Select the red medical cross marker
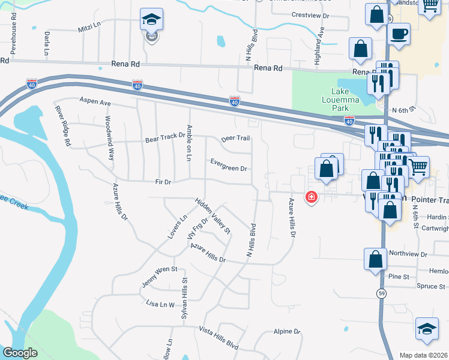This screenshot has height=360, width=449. tap(311, 196)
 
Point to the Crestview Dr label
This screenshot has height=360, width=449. tap(311, 15)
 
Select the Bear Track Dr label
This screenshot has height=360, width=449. tap(165, 137)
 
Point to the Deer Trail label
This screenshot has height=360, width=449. tap(235, 138)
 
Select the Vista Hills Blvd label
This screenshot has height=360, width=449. tap(219, 338)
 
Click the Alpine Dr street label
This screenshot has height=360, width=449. tap(287, 331)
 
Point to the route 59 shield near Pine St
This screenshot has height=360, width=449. tap(382, 293)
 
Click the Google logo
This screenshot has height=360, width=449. tap(20, 352)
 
